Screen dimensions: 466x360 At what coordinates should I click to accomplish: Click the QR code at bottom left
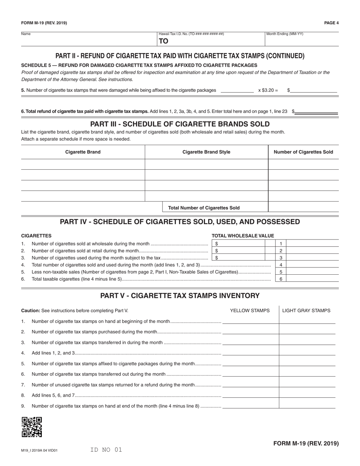32,427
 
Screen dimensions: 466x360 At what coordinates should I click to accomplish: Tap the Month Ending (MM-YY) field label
285,34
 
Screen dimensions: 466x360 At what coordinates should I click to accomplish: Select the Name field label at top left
26,34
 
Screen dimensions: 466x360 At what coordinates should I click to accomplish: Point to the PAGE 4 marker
331,23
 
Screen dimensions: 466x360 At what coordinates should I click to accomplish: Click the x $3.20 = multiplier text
268,90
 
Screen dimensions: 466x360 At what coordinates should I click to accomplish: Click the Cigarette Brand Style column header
206,152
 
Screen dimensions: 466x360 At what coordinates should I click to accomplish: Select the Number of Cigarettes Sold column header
303,152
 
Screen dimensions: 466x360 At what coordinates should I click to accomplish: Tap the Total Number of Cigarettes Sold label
204,208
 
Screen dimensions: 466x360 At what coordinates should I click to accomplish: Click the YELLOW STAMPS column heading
250,311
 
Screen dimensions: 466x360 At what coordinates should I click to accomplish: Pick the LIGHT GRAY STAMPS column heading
306,311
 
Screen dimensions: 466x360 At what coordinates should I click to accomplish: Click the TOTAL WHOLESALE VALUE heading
243,236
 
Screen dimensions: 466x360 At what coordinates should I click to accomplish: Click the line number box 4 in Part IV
281,265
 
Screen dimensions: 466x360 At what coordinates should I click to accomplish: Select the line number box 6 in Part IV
281,279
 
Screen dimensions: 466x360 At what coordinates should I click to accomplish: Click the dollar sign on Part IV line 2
216,250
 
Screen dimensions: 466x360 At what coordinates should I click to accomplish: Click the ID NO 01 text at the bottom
106,450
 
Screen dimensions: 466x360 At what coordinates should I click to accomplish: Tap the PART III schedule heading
180,124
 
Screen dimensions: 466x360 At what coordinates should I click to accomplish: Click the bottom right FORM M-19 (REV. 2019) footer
306,443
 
